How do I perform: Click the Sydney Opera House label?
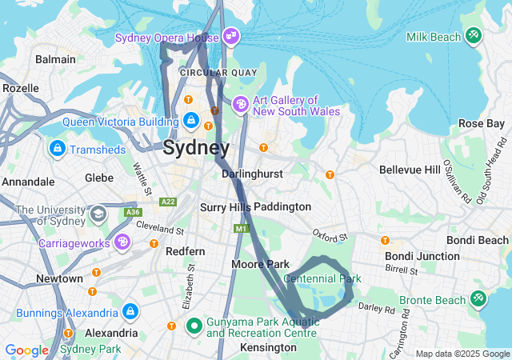[x=166, y=38]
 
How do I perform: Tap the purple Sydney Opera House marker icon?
[x=231, y=36]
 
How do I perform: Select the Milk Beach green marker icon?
[x=474, y=36]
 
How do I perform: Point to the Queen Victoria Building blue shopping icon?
[x=190, y=122]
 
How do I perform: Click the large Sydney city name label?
[x=196, y=148]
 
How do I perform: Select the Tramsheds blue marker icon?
[x=57, y=150]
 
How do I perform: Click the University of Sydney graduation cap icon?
[x=98, y=214]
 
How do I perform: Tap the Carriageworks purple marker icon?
[x=122, y=242]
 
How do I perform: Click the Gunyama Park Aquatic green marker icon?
[x=193, y=326]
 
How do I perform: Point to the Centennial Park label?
[x=322, y=278]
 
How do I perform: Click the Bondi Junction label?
[x=422, y=256]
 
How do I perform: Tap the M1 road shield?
[x=242, y=229]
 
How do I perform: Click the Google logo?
[x=26, y=350]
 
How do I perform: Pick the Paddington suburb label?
[x=282, y=206]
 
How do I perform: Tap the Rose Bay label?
[x=481, y=123]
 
